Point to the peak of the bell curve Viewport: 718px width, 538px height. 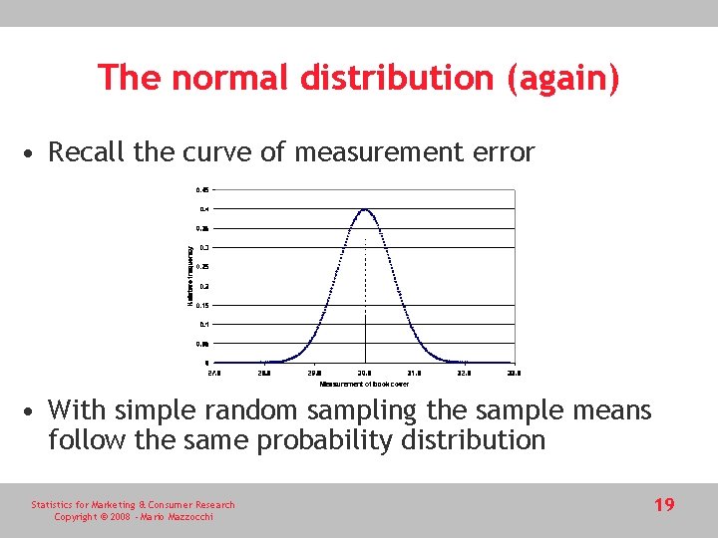click(x=365, y=209)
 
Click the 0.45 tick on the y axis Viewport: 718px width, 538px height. click(x=202, y=189)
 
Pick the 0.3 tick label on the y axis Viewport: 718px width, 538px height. click(x=203, y=247)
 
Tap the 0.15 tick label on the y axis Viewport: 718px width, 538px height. click(x=202, y=305)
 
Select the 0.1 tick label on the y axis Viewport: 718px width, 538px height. click(x=203, y=324)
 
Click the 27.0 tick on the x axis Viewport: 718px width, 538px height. click(x=214, y=373)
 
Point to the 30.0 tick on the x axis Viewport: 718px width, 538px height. click(x=365, y=373)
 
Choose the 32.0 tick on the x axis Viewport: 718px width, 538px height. click(x=464, y=373)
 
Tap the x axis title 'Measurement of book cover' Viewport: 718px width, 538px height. click(x=364, y=384)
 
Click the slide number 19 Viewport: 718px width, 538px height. click(x=664, y=505)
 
